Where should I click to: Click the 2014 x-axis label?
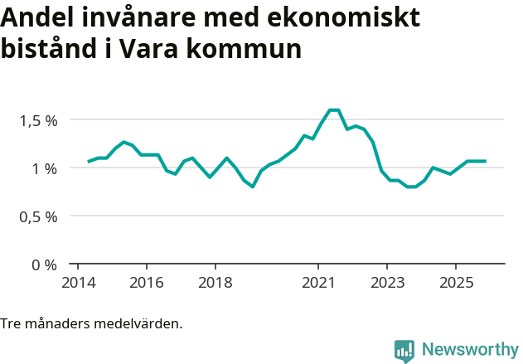pos(77,284)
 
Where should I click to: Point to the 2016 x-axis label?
pos(146,284)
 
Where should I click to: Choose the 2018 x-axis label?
pos(215,284)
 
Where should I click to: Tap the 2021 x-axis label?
pos(318,284)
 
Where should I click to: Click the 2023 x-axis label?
pos(387,284)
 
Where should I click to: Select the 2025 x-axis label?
pos(456,284)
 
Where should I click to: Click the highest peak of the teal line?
pos(334,109)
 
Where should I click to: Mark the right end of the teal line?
pos(485,161)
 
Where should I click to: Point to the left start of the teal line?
pos(89,162)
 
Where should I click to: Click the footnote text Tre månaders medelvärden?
pos(91,323)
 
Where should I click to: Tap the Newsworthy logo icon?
pos(404,351)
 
